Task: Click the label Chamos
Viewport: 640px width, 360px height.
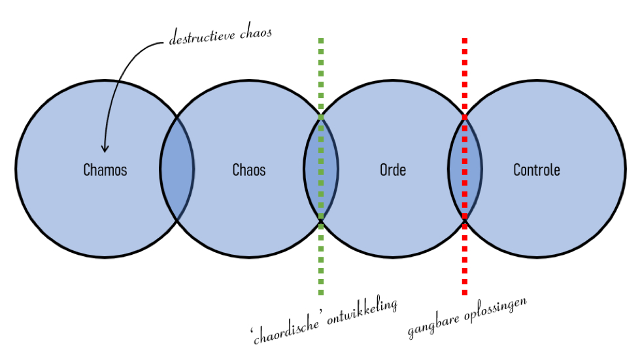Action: [x=105, y=170]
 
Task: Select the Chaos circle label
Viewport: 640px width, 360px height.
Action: [x=249, y=170]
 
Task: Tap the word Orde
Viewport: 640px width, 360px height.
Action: [x=393, y=170]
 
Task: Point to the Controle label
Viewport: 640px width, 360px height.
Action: [x=536, y=170]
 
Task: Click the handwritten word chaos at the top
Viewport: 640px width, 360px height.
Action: [x=256, y=33]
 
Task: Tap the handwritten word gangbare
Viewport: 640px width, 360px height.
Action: [x=433, y=323]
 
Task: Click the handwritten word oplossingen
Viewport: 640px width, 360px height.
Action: [x=496, y=308]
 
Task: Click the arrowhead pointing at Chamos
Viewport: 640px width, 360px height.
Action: [x=105, y=148]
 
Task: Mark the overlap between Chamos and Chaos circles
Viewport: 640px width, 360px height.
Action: [x=177, y=169]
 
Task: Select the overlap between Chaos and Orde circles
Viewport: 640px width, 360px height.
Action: [x=321, y=169]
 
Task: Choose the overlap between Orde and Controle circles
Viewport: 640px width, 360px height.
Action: [x=465, y=169]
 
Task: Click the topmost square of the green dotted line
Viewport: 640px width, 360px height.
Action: [x=321, y=41]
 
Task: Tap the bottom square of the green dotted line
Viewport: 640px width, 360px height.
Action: [x=321, y=292]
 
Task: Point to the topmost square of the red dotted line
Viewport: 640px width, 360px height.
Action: [x=465, y=41]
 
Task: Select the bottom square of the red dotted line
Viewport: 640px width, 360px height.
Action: [x=465, y=292]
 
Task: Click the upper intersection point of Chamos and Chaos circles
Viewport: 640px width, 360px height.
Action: [x=177, y=118]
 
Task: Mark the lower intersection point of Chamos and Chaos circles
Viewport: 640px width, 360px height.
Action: [x=177, y=220]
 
